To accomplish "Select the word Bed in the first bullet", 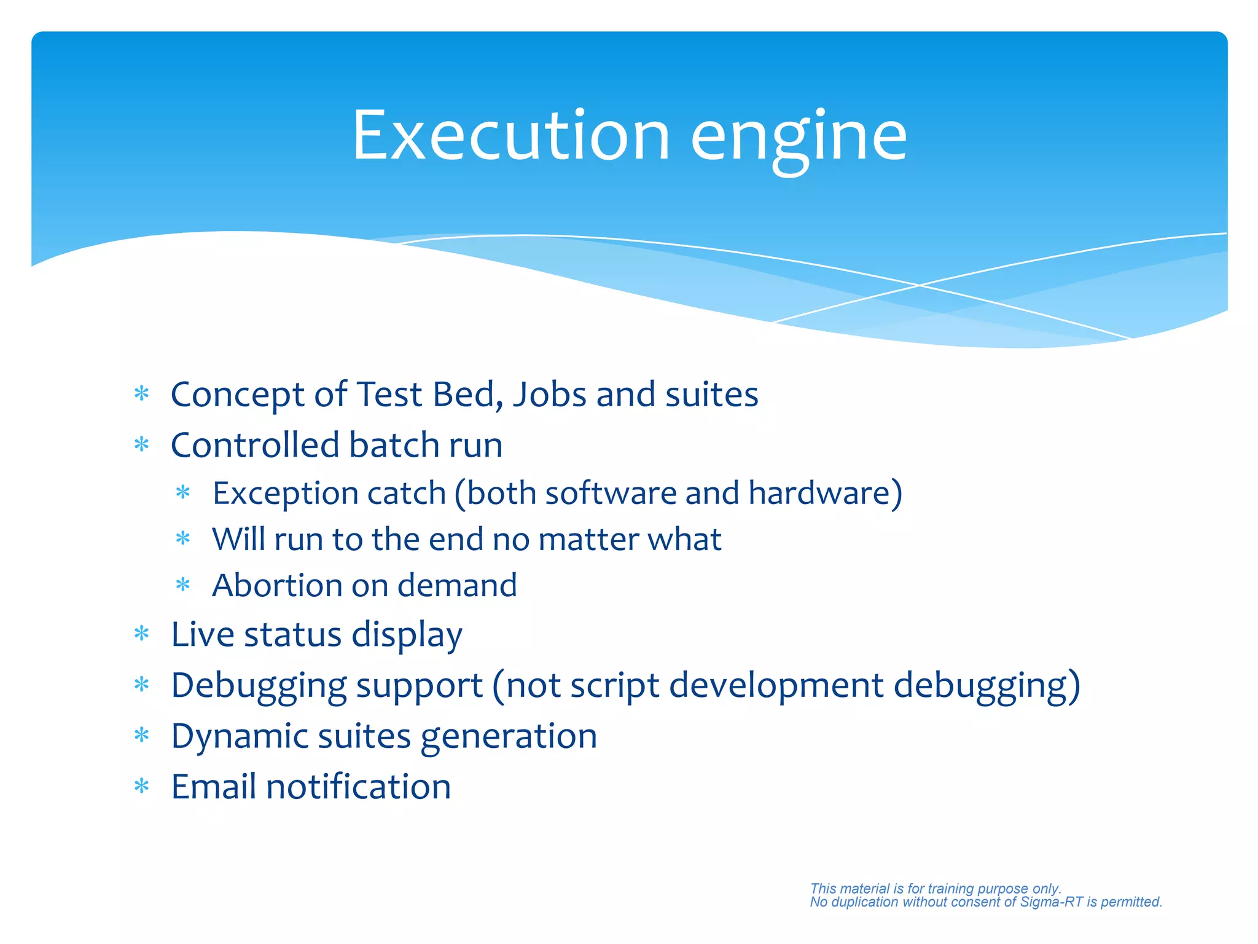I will [x=467, y=394].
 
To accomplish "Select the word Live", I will [x=202, y=634].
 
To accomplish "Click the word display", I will [x=406, y=635].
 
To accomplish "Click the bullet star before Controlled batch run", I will [x=142, y=444].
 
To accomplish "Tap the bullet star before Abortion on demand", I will [x=183, y=584].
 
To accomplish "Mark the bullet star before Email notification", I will [x=142, y=786].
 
